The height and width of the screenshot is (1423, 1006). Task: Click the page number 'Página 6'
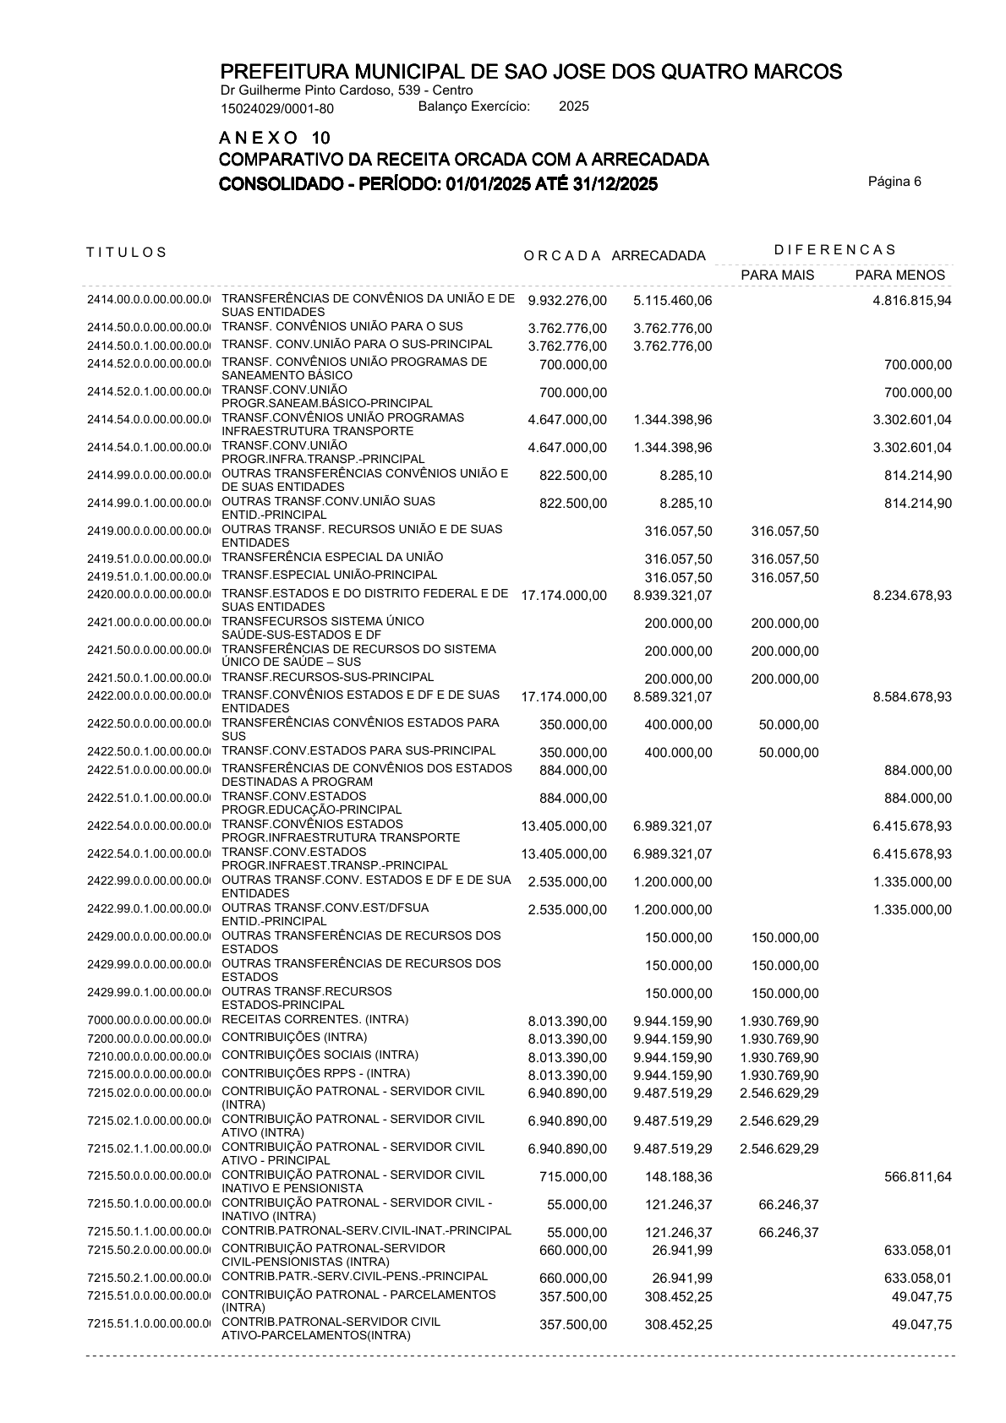pos(894,181)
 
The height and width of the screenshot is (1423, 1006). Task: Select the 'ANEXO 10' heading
pos(275,138)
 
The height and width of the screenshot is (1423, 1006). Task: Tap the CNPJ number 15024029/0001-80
pos(276,108)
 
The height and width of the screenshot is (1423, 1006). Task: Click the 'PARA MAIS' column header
pos(777,275)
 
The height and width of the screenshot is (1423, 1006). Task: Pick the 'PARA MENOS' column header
pos(899,275)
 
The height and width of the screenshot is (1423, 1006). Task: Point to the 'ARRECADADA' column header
pos(658,256)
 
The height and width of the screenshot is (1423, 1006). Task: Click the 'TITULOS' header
pos(127,252)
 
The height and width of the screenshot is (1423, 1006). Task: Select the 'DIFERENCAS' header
pos(834,249)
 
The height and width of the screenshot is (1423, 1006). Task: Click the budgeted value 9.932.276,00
pos(566,302)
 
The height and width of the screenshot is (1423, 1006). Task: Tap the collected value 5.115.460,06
pos(672,302)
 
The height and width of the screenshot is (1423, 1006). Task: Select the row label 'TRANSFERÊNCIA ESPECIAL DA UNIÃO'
pos(331,558)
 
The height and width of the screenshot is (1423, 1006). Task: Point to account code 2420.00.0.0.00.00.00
pos(147,595)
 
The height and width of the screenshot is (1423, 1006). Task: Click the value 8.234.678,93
pos(911,596)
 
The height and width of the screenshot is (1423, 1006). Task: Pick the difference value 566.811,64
pos(917,1177)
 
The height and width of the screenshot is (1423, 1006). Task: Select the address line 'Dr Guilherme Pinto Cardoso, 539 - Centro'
pos(347,90)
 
